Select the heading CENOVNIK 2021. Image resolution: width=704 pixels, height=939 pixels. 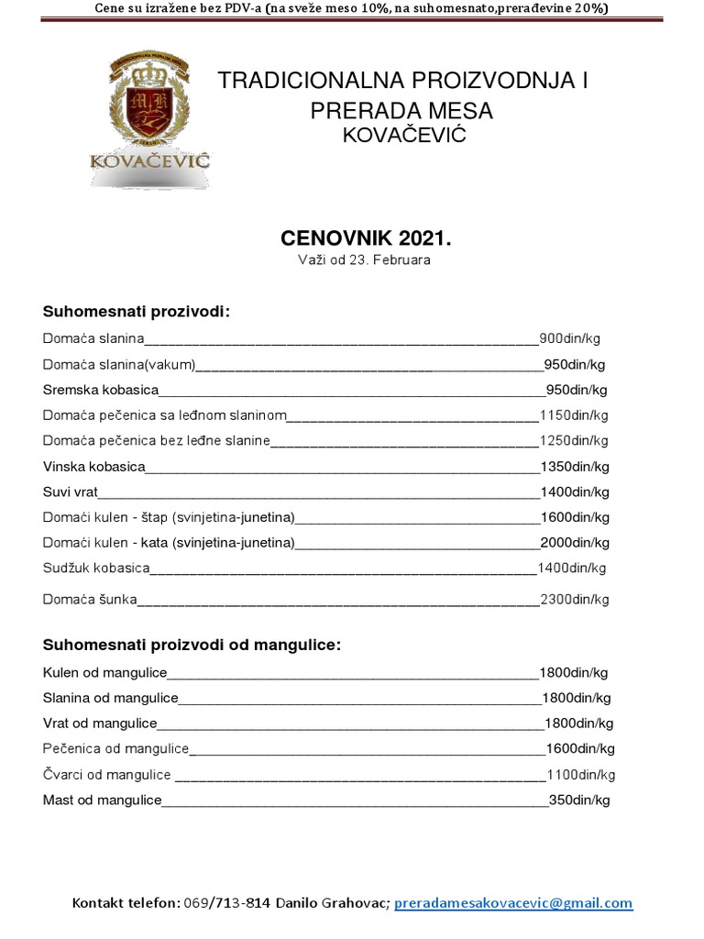point(366,238)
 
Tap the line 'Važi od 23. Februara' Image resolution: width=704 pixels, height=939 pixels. point(364,260)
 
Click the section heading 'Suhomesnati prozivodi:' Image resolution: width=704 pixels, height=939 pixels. point(136,311)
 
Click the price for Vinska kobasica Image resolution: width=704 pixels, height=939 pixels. point(575,466)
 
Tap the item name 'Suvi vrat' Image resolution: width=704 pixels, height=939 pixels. point(71,492)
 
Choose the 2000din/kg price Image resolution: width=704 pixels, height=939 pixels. point(575,542)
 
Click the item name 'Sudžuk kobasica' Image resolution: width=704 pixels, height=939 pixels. point(96,568)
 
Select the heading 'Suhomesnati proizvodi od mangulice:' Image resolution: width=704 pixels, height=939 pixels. point(192,645)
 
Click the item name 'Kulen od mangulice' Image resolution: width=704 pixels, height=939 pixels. point(100,672)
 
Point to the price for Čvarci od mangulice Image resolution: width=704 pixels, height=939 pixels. point(579,775)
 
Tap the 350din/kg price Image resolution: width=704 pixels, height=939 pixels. point(579,801)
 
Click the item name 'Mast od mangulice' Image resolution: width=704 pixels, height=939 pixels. point(102,801)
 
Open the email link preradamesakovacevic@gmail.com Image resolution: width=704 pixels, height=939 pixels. point(513,903)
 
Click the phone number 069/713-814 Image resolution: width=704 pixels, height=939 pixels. point(227,903)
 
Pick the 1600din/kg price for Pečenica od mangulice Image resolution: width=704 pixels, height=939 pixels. point(579,748)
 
